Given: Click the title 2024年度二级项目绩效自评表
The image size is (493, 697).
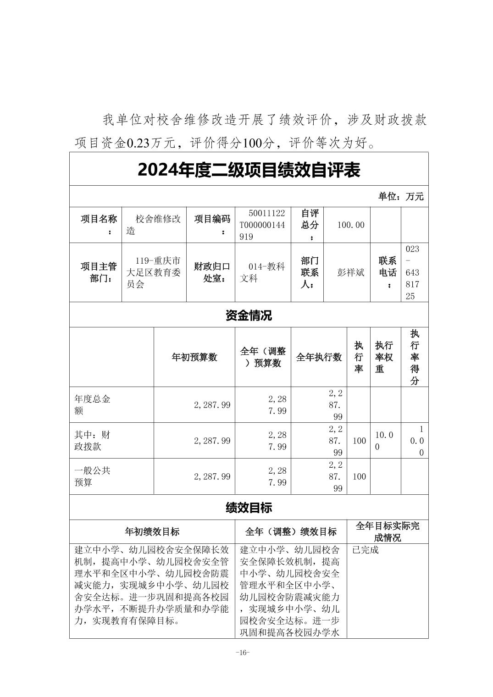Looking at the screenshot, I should click(249, 170).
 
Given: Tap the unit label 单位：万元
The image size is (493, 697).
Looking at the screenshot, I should click(400, 197).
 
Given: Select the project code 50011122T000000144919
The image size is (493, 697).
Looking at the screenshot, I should click(262, 225).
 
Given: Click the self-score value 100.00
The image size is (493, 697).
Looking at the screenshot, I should click(351, 225).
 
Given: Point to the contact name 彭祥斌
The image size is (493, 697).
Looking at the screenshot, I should click(351, 272).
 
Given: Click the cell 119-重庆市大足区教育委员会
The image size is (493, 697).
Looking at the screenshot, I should click(154, 272).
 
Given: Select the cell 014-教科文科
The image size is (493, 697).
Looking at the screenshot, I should click(262, 272).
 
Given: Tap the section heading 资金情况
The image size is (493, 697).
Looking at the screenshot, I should click(249, 315).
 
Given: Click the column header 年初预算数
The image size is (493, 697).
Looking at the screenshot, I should click(194, 357).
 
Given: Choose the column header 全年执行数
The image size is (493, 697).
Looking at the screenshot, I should click(319, 357).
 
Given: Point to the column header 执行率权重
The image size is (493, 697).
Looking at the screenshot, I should click(384, 357).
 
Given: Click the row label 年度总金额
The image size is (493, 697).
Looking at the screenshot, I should click(93, 404).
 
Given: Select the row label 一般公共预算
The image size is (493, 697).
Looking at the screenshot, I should click(93, 476).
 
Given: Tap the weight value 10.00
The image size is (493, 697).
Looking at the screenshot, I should click(384, 440).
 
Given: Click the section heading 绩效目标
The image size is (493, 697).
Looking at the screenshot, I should click(249, 508).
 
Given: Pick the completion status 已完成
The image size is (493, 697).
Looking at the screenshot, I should click(366, 550).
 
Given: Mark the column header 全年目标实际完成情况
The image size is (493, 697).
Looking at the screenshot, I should click(387, 532).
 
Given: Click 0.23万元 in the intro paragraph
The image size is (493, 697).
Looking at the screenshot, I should click(151, 143).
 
